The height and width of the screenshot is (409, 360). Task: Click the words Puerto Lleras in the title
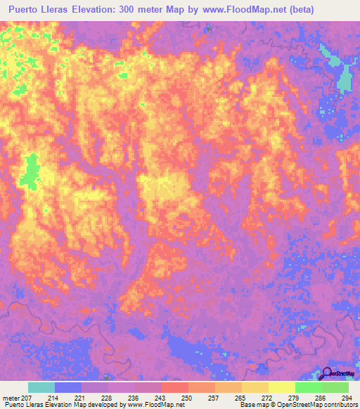(x=42, y=10)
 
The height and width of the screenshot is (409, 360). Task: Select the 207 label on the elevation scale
(x=27, y=398)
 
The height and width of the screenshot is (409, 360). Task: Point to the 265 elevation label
(x=240, y=398)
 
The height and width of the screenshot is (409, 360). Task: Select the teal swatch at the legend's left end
(x=41, y=387)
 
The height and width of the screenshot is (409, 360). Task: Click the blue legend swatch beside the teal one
(x=68, y=387)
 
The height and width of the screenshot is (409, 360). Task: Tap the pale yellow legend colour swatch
(x=281, y=387)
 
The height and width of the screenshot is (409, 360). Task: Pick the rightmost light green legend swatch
(x=335, y=387)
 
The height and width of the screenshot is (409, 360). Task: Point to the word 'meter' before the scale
(x=11, y=398)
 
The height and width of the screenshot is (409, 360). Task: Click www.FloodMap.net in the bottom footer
(x=153, y=405)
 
